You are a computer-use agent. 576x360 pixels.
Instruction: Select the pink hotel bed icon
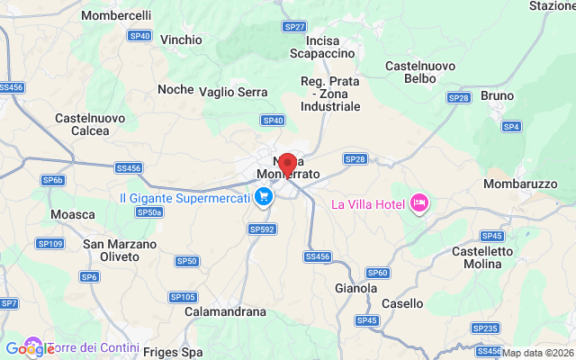coord(418,204)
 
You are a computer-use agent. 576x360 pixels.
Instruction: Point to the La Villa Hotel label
coord(368,204)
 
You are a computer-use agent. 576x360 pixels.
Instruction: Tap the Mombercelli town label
coord(116,16)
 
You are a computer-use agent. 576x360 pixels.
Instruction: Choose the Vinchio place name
coord(181,40)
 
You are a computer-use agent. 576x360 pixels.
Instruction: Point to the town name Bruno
coord(498,95)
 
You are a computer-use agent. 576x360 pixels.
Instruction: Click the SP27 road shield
coord(294,27)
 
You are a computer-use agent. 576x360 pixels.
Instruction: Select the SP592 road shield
coord(261,229)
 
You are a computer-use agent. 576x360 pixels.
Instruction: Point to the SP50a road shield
coord(149,211)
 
